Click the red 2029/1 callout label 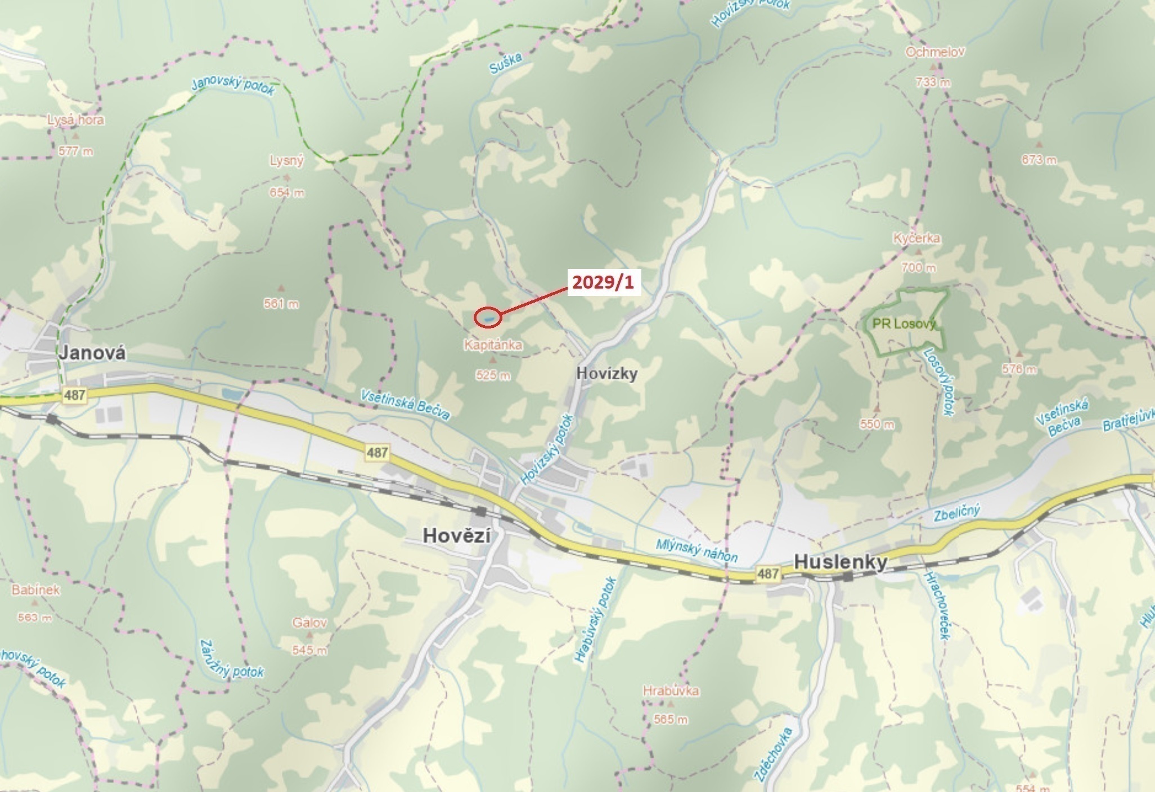pos(603,283)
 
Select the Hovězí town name pos(456,535)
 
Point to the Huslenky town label pos(841,562)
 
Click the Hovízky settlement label pos(607,373)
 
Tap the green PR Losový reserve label pos(904,324)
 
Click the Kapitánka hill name pos(493,344)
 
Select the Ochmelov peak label pos(935,52)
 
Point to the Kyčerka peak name pos(916,238)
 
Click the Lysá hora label pos(75,120)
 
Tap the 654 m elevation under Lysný pos(287,193)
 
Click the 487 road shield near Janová pos(75,395)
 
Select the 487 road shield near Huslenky pos(768,574)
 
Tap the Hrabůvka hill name pos(671,691)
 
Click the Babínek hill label pos(35,590)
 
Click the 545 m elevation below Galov pos(309,651)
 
